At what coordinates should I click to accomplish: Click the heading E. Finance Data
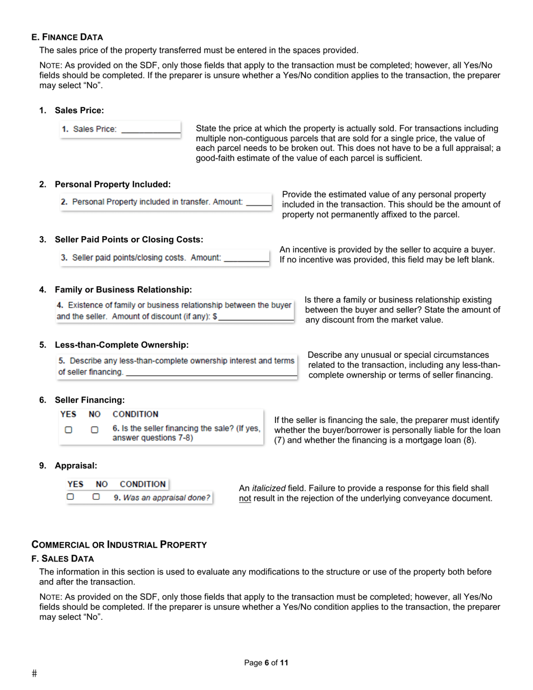pyautogui.click(x=67, y=37)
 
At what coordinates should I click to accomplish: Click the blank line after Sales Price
pyautogui.click(x=150, y=131)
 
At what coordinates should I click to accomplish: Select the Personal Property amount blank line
pyautogui.click(x=259, y=203)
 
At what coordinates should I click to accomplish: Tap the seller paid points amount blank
pyautogui.click(x=246, y=259)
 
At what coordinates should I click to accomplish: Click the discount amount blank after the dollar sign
pyautogui.click(x=256, y=318)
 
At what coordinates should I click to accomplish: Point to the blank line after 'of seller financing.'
pyautogui.click(x=211, y=374)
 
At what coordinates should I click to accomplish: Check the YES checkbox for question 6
pyautogui.click(x=68, y=430)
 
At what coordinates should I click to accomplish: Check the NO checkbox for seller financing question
pyautogui.click(x=95, y=430)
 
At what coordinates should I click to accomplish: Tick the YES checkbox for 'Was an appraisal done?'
pyautogui.click(x=71, y=497)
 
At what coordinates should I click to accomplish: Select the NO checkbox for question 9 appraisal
pyautogui.click(x=97, y=497)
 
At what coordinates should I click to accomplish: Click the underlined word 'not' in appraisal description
pyautogui.click(x=245, y=499)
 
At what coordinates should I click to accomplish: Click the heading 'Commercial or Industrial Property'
pyautogui.click(x=119, y=545)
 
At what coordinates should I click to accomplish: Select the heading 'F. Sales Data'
pyautogui.click(x=63, y=559)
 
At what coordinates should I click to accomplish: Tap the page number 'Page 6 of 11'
pyautogui.click(x=266, y=663)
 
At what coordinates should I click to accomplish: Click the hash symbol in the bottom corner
pyautogui.click(x=34, y=674)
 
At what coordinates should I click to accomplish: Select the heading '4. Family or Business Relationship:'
pyautogui.click(x=123, y=289)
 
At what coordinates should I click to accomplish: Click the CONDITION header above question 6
pyautogui.click(x=135, y=415)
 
